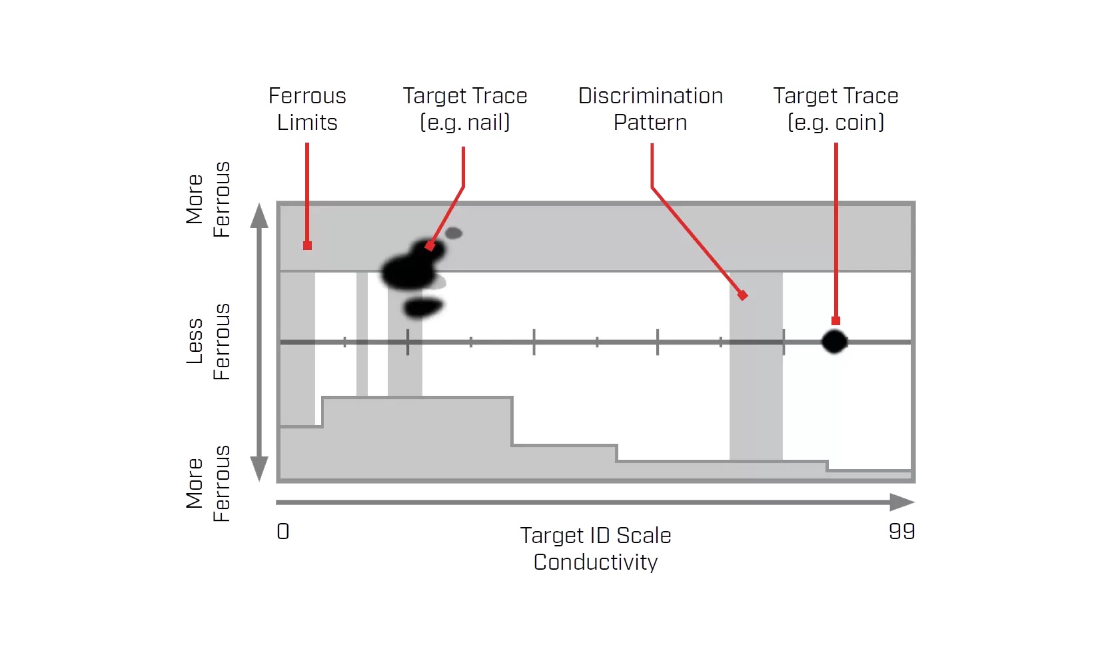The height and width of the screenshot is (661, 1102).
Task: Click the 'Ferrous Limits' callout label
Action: [x=307, y=109]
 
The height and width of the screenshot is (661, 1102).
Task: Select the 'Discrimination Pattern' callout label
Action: [x=650, y=109]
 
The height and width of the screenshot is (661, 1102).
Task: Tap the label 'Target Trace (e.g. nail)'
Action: [x=465, y=109]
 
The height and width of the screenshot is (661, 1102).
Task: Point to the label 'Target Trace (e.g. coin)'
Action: [x=835, y=109]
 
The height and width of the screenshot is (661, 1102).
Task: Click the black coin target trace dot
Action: [x=834, y=342]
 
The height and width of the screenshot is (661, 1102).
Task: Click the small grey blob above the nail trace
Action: [x=454, y=233]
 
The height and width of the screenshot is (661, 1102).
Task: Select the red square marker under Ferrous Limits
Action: [x=307, y=246]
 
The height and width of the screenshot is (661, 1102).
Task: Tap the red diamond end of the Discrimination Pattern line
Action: [x=742, y=295]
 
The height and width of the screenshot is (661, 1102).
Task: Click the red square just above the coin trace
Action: [x=835, y=321]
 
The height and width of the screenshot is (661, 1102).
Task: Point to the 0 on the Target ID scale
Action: [x=283, y=531]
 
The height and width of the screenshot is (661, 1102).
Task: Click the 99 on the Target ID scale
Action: [x=901, y=531]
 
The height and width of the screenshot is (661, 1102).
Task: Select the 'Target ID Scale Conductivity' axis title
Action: [x=596, y=548]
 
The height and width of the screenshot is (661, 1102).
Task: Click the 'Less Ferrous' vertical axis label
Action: [x=208, y=342]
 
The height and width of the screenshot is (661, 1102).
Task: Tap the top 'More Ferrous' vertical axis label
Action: [x=208, y=199]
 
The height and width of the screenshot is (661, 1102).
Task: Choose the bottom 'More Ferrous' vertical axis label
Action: [x=208, y=484]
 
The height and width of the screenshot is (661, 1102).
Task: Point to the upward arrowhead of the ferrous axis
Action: [x=259, y=216]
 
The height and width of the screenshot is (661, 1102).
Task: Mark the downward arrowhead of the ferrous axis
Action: [x=259, y=468]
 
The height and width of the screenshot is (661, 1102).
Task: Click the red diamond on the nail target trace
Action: [x=430, y=246]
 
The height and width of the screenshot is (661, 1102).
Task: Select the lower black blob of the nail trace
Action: [x=422, y=307]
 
